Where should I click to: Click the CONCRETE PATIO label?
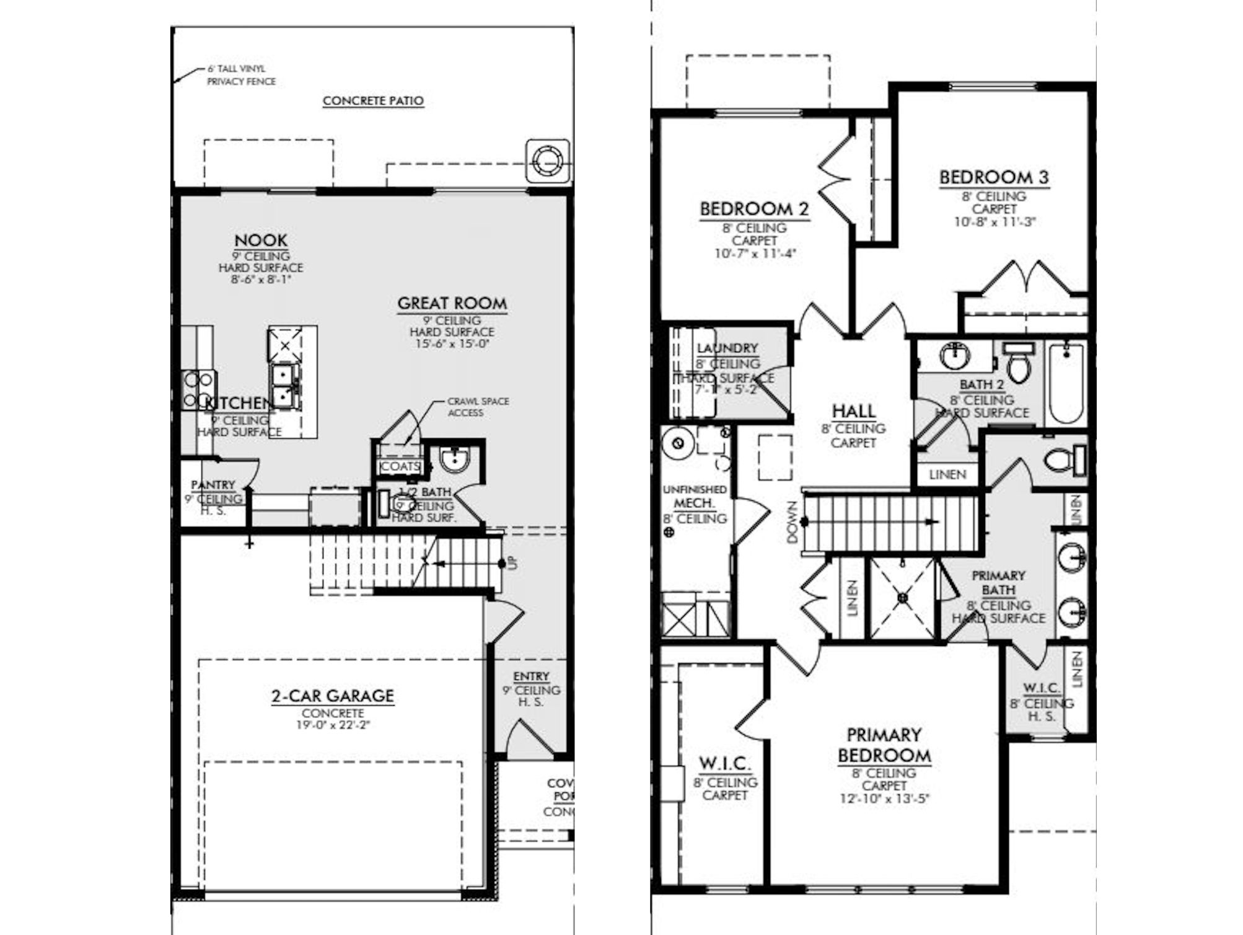[373, 101]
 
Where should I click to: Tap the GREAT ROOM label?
[452, 303]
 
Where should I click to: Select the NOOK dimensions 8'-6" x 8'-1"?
[260, 280]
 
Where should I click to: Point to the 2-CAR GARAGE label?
[332, 696]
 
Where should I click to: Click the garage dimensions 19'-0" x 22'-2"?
[332, 725]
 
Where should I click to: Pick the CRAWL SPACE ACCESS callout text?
[478, 407]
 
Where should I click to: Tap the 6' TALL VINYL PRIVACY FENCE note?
[241, 75]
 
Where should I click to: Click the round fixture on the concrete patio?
[547, 161]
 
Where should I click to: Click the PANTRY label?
[213, 485]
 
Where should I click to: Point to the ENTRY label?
[531, 676]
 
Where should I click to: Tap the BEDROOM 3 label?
[994, 177]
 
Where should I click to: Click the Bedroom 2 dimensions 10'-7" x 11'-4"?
[754, 254]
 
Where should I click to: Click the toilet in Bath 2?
[1017, 363]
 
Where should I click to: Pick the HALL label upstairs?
[853, 411]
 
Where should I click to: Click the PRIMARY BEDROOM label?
[884, 746]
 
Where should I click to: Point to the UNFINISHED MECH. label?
[694, 497]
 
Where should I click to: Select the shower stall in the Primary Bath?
[902, 598]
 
